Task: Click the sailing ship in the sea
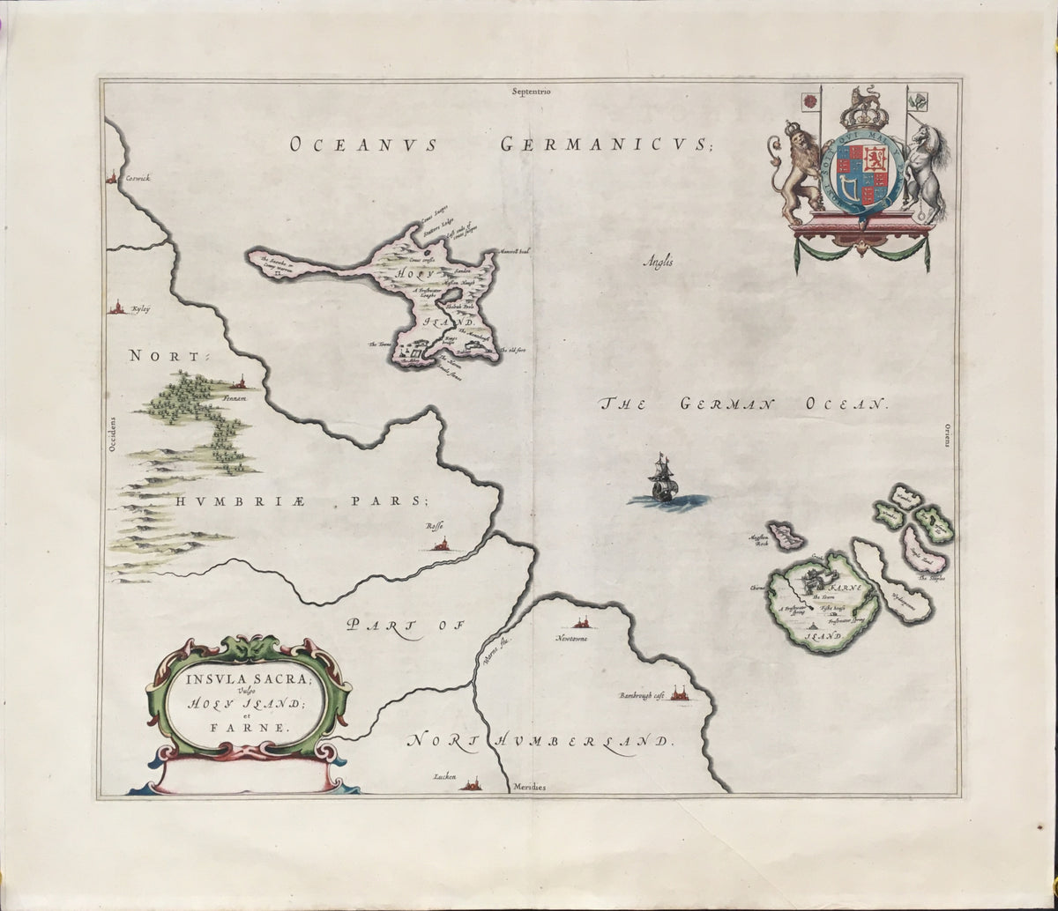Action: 661,481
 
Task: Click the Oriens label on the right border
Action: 944,434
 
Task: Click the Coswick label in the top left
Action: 139,178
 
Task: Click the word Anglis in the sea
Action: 658,258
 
